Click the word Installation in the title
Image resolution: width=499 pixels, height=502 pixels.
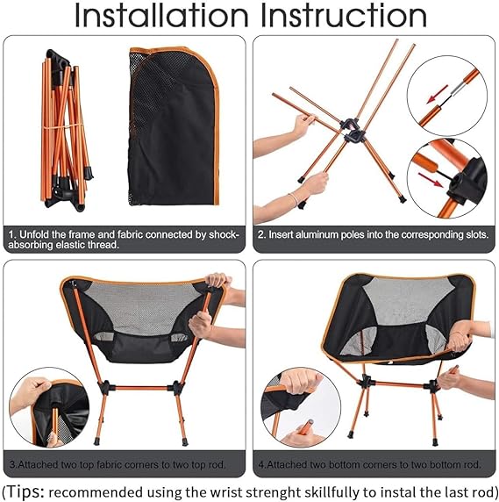coord(161,16)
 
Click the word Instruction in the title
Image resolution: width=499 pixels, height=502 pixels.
coord(344,16)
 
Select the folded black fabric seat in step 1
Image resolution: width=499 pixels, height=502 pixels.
coord(174,125)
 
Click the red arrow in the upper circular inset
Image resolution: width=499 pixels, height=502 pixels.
coord(437,94)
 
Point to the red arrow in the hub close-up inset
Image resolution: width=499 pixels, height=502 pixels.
coord(431,180)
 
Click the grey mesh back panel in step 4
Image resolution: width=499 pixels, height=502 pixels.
coord(407,299)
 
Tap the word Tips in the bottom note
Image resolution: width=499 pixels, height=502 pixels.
coord(25,491)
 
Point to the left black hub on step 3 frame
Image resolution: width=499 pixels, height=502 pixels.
coord(105,387)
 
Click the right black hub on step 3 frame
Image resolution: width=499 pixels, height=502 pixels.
coord(175,387)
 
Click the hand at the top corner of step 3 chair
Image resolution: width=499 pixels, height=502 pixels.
coord(217,280)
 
